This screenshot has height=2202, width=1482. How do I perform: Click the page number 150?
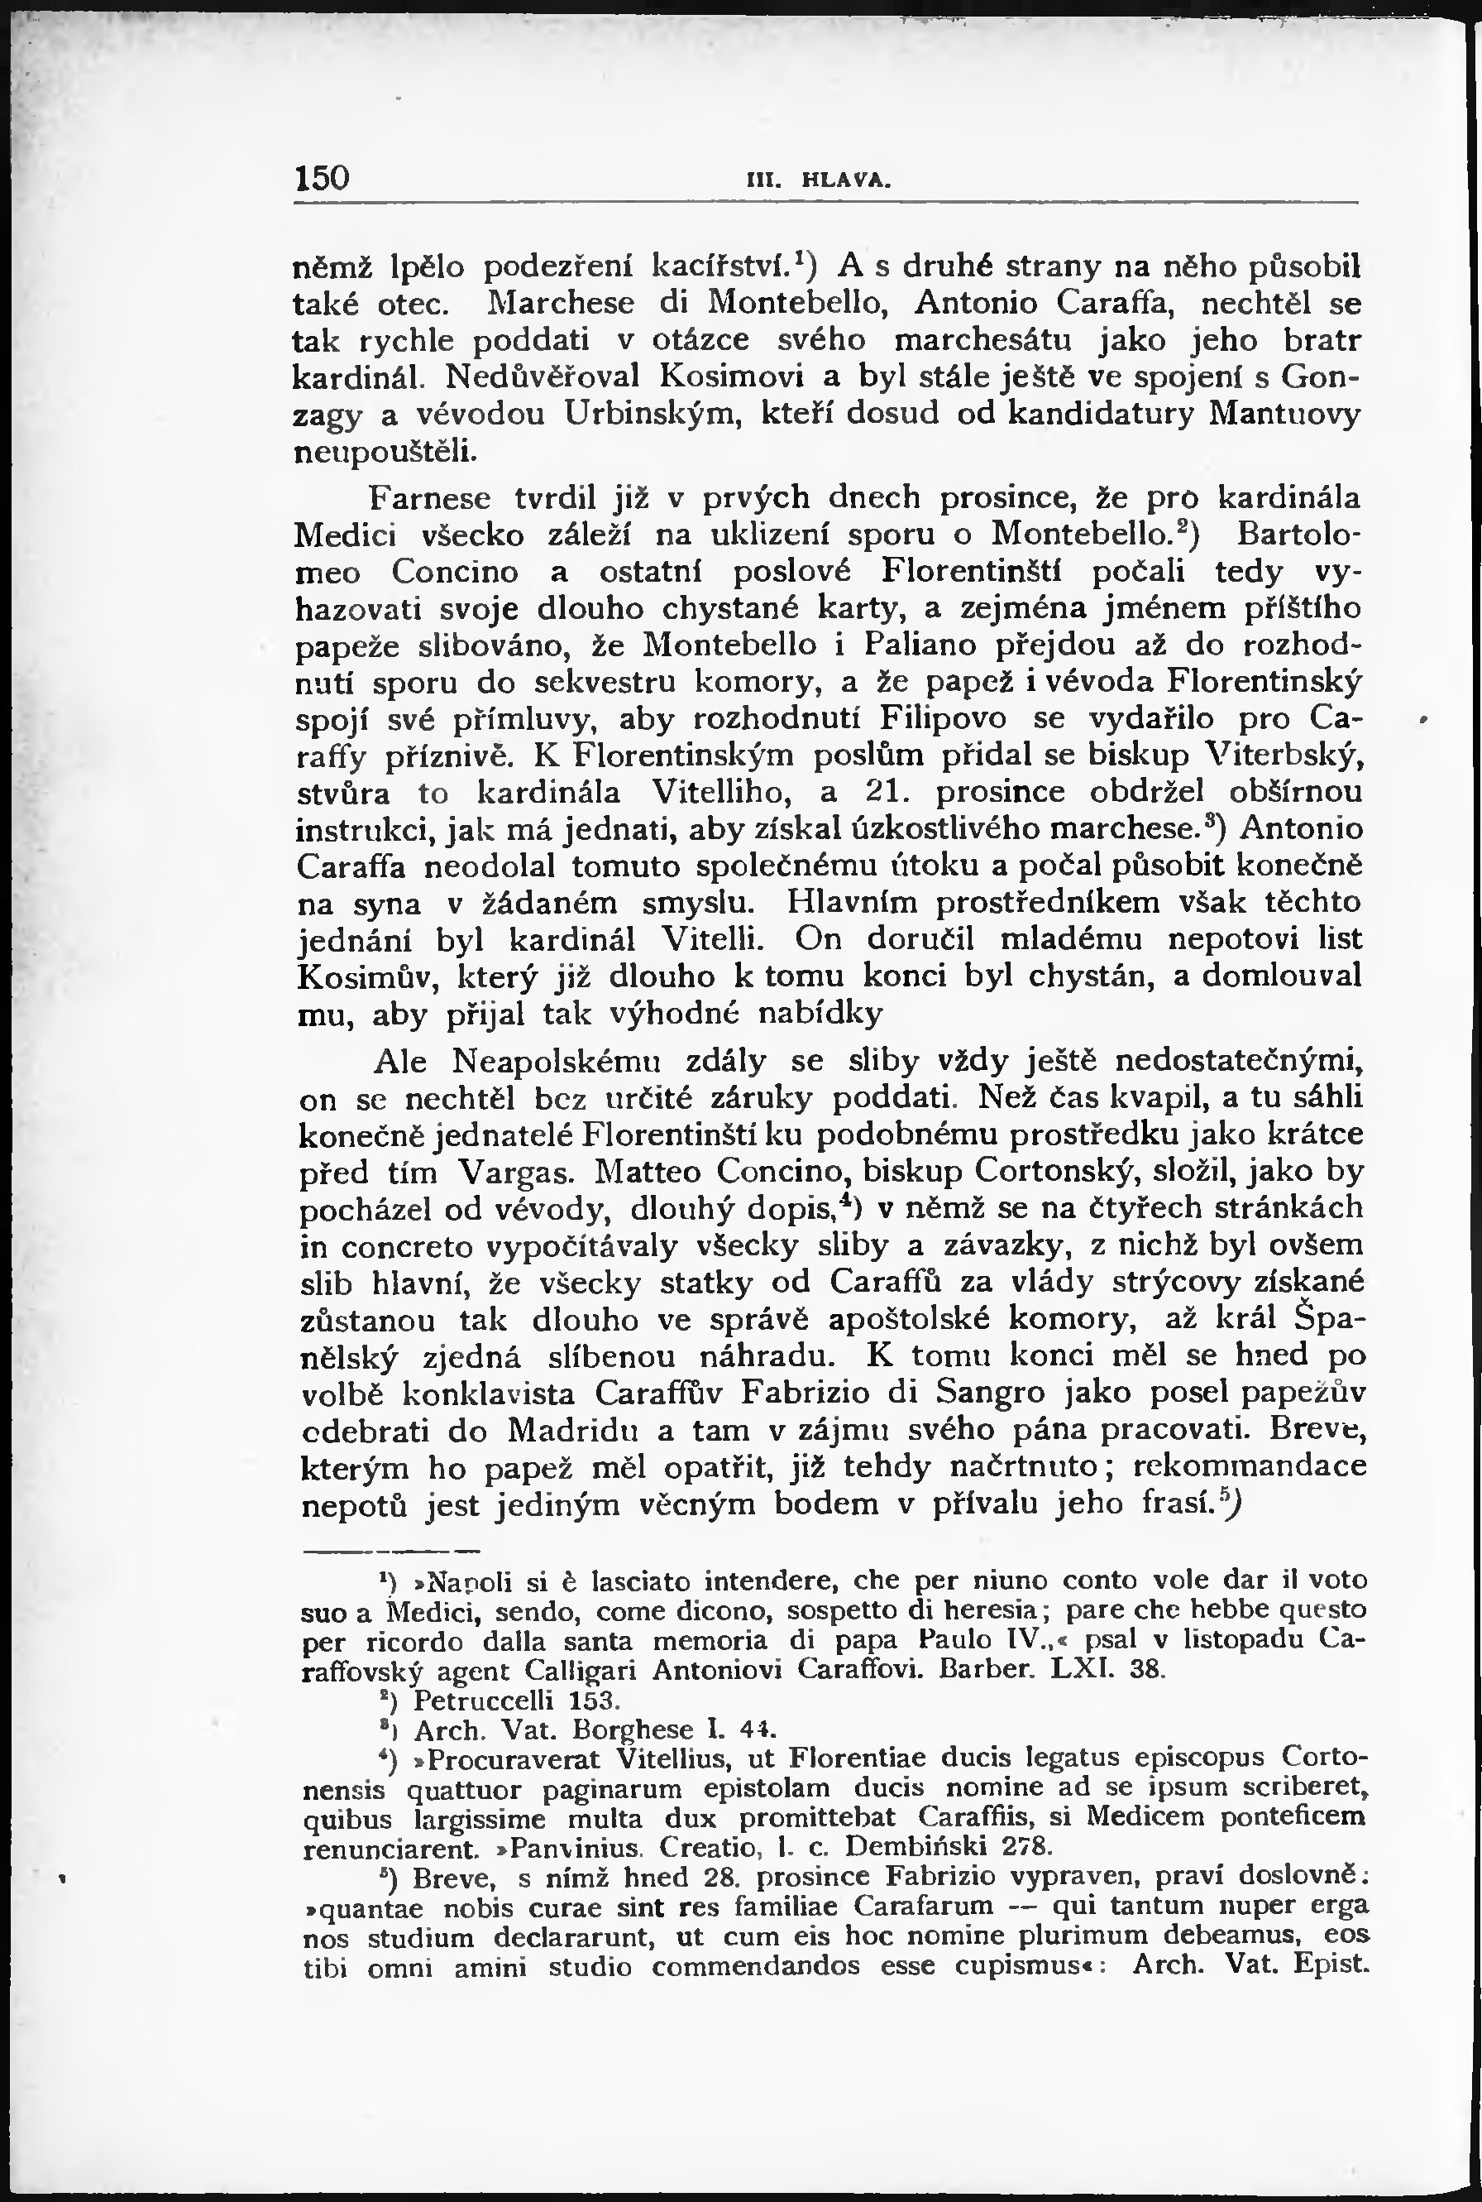pos(323,178)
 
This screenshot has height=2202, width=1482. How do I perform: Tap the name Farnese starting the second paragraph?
pos(430,497)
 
